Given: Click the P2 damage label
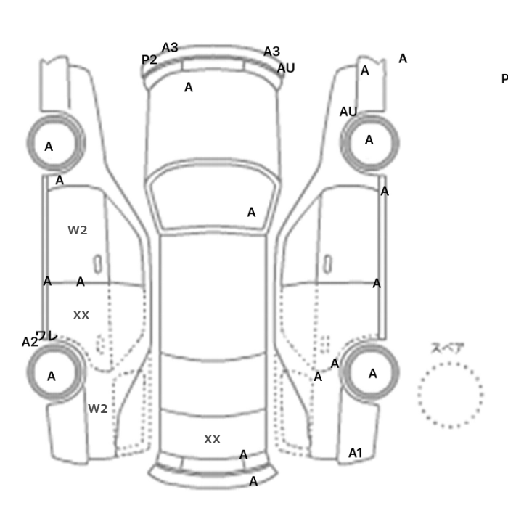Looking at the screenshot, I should click(149, 60).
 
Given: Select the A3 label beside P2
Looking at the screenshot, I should click(169, 48).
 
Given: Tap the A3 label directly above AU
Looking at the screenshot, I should click(271, 52).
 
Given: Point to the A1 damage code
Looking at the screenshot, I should click(355, 453).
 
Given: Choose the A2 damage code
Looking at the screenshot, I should click(29, 342).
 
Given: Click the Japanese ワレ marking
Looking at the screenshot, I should click(46, 336).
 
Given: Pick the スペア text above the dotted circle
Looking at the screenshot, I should click(448, 348).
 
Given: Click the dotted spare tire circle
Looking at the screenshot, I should click(450, 395).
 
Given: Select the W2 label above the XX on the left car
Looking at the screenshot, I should click(78, 230).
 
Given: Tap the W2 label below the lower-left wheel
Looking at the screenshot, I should click(98, 409).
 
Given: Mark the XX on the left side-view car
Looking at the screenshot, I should click(81, 315).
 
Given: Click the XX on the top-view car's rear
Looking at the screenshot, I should click(212, 439).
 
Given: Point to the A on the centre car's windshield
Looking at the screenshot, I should click(251, 213).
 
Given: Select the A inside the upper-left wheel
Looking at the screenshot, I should click(49, 147).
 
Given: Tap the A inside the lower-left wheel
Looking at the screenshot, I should click(51, 376).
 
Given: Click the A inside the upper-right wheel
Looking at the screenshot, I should click(369, 140).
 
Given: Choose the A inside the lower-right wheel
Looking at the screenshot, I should click(372, 374).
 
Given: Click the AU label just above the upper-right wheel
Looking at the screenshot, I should click(348, 112).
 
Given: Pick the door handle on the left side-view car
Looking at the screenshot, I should click(97, 262).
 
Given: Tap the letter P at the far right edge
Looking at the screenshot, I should click(504, 79).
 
